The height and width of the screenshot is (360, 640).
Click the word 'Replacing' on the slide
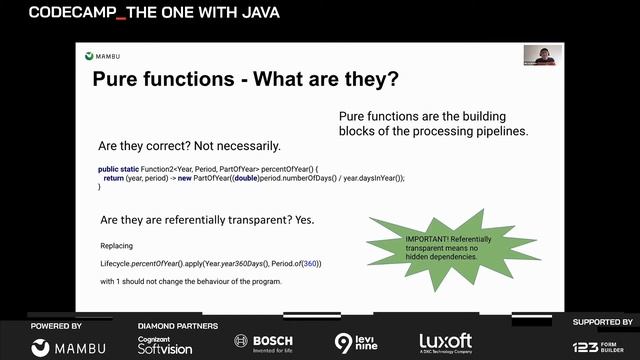tap(116, 245)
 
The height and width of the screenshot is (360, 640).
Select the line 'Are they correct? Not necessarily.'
tap(189, 145)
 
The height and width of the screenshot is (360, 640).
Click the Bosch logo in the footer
tap(264, 341)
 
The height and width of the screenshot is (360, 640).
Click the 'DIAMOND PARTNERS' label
tap(177, 326)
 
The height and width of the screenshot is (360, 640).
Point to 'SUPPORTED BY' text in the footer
tap(602, 322)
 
